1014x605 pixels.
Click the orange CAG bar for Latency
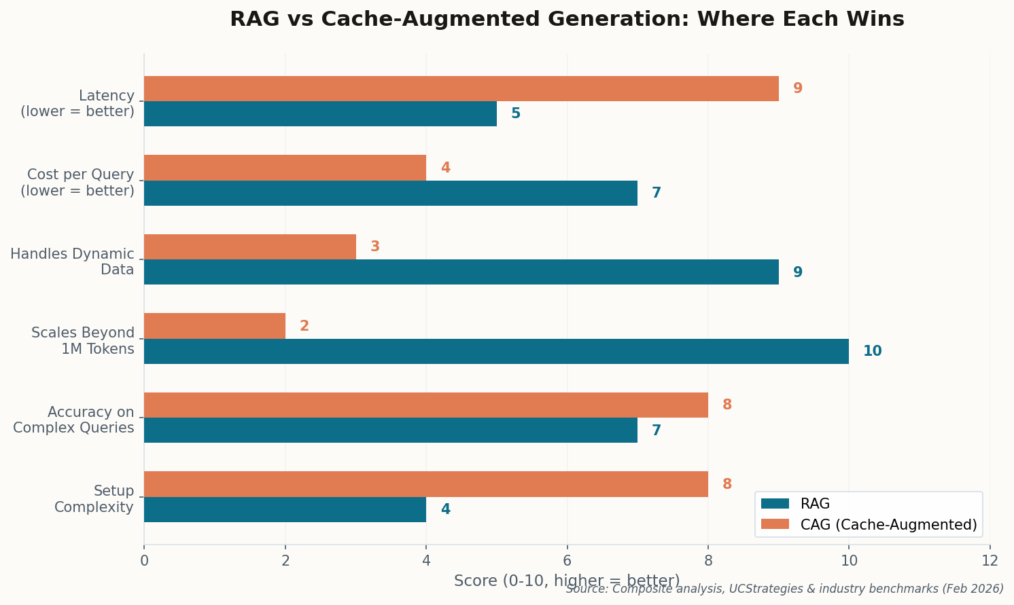tap(461, 89)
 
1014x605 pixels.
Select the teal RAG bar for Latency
tap(320, 114)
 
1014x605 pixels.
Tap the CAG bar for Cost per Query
tap(285, 168)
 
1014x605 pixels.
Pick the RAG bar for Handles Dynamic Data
tap(461, 272)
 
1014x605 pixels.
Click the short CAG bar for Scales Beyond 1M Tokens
tap(215, 326)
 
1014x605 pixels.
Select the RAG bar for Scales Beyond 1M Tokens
tap(496, 352)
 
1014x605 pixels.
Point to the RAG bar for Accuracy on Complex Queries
tap(391, 430)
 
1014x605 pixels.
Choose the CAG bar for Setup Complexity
tap(425, 484)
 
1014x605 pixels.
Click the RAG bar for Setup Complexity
tap(285, 509)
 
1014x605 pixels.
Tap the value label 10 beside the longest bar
tap(872, 352)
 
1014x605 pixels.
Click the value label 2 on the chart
tap(304, 327)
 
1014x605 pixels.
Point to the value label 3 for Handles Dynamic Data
tap(375, 247)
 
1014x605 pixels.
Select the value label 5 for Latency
tap(516, 114)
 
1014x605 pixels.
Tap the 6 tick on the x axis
tap(567, 561)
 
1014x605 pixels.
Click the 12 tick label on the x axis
tap(990, 561)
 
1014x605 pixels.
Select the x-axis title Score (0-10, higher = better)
tap(567, 581)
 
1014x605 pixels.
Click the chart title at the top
tap(567, 19)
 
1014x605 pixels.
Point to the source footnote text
tap(784, 589)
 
